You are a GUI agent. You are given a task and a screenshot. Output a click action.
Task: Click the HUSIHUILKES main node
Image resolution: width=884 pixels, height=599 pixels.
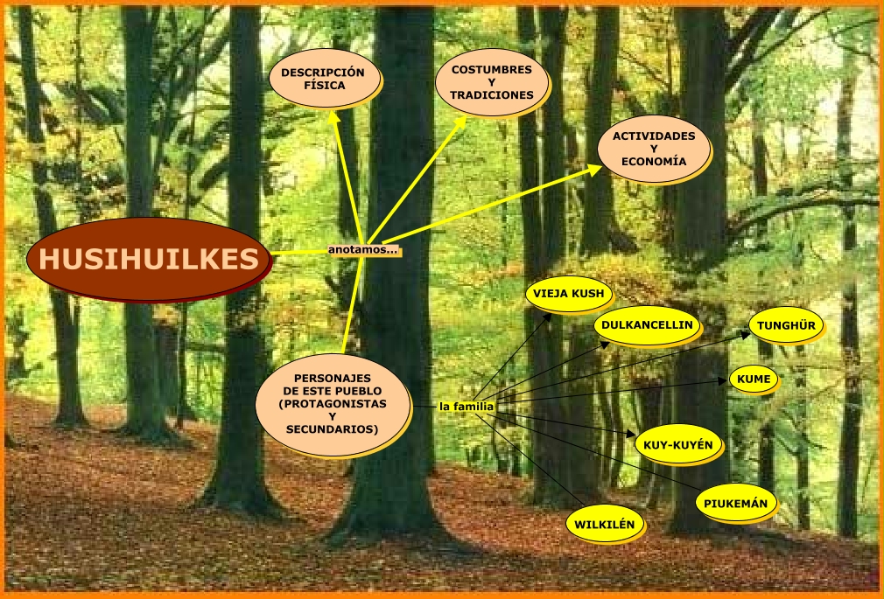(147, 259)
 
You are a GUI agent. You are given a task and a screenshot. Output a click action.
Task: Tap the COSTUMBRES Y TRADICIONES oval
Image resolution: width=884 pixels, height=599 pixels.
(492, 81)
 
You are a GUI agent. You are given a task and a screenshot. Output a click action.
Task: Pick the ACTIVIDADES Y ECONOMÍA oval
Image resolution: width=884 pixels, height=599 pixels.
(654, 149)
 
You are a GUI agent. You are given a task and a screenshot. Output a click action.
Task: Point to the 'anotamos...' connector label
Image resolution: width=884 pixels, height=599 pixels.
(363, 250)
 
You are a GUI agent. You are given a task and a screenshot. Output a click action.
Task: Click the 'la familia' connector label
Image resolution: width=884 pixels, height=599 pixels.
(467, 407)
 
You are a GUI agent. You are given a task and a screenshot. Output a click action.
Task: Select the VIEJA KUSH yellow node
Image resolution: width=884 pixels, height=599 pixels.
(568, 294)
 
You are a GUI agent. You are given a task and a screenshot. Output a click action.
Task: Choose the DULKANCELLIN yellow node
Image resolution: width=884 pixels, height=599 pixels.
(647, 325)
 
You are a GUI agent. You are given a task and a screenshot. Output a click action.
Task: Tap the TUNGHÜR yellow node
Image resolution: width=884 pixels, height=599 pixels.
(786, 325)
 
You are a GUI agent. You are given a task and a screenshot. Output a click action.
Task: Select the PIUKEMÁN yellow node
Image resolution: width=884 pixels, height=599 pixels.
(736, 503)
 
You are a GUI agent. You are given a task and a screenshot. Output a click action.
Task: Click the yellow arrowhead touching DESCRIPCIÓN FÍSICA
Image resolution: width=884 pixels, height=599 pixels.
(333, 114)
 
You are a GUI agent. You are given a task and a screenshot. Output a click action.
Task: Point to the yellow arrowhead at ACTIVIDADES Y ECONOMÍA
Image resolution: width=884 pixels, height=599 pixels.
(594, 168)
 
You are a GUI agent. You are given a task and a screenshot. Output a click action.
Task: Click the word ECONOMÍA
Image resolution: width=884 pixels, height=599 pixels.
(654, 162)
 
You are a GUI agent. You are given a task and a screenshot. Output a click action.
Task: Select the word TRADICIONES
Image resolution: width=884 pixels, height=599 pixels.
(492, 94)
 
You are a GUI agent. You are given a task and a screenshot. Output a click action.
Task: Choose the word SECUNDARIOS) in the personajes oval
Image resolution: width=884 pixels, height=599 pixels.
(332, 429)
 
